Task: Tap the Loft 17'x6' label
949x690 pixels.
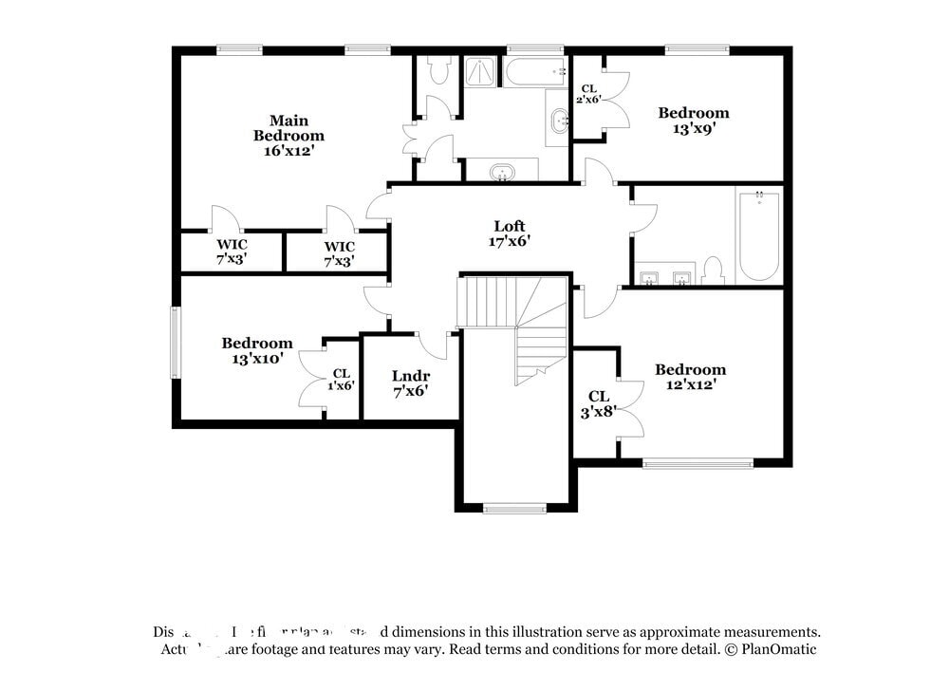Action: [x=510, y=233]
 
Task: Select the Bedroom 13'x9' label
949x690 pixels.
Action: [x=694, y=121]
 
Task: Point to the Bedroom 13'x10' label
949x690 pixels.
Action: [x=257, y=351]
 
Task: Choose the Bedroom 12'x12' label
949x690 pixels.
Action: [x=690, y=377]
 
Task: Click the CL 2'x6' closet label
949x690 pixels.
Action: [x=588, y=93]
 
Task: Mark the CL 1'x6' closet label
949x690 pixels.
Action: [x=342, y=380]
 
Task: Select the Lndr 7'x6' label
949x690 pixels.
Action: [x=410, y=382]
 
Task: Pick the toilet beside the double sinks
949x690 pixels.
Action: [x=714, y=271]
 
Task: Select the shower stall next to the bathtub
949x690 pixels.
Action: [x=480, y=73]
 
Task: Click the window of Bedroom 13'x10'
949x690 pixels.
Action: [x=175, y=343]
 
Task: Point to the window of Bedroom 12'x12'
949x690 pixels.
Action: [x=698, y=463]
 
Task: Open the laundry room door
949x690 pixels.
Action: [x=436, y=344]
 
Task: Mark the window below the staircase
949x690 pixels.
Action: [x=514, y=509]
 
